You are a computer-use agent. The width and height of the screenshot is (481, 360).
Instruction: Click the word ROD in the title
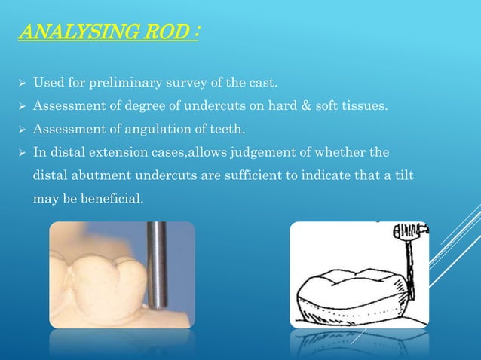pyautogui.click(x=159, y=33)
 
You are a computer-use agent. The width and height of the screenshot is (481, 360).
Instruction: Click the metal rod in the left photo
pyautogui.click(x=158, y=264)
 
